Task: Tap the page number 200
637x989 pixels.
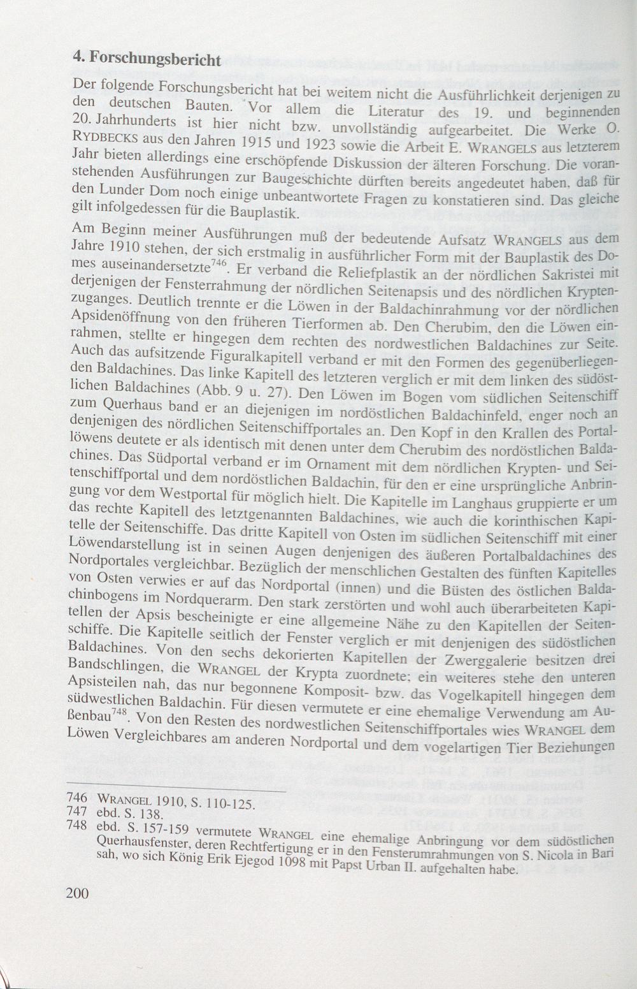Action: click(78, 893)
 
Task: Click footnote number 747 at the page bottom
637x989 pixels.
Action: click(76, 814)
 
